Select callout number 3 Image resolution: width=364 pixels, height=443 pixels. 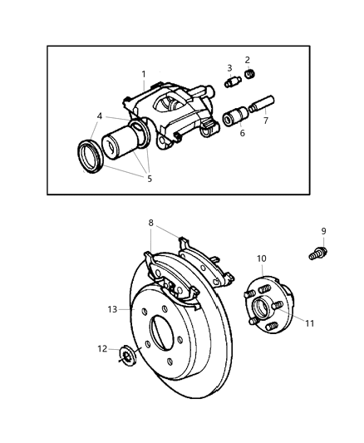pyautogui.click(x=229, y=67)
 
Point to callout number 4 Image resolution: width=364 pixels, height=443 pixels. pyautogui.click(x=100, y=116)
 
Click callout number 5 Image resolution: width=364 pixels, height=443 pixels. pyautogui.click(x=150, y=177)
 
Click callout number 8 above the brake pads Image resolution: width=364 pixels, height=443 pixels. pyautogui.click(x=150, y=222)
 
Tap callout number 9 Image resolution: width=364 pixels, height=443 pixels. pyautogui.click(x=323, y=231)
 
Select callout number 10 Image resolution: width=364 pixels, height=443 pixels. pyautogui.click(x=261, y=258)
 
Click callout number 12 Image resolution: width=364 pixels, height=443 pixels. pyautogui.click(x=101, y=348)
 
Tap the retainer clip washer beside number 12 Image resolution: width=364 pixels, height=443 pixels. pyautogui.click(x=127, y=357)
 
